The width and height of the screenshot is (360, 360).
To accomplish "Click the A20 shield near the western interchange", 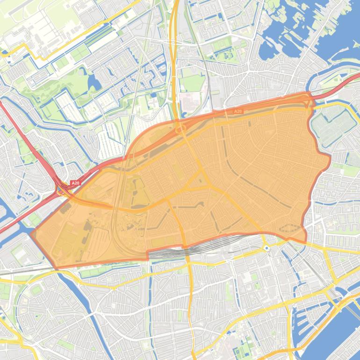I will click(x=75, y=183).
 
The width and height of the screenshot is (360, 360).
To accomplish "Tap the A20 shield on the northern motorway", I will click(x=238, y=111).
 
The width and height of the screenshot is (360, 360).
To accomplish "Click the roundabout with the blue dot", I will click(x=266, y=248).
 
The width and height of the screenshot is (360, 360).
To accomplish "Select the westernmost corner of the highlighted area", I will click(x=31, y=232).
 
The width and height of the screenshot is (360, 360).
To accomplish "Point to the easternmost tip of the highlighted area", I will click(x=330, y=157).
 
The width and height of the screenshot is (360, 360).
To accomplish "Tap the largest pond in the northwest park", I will click(x=94, y=82).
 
